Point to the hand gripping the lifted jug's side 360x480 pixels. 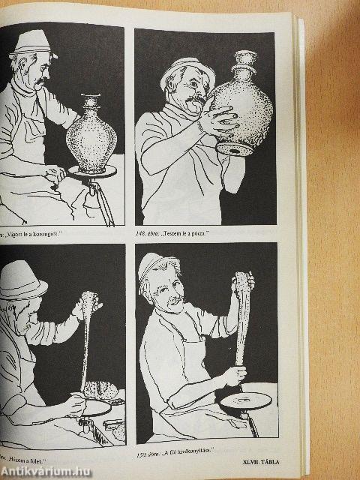coord(219,120)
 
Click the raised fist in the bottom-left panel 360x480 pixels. coord(88,305)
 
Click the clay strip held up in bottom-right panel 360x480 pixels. coord(241,322)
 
